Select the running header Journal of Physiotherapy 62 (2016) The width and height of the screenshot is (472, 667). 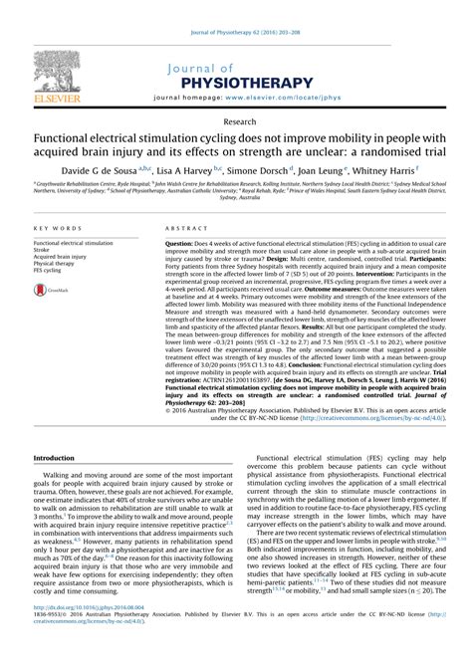coord(236,9)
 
